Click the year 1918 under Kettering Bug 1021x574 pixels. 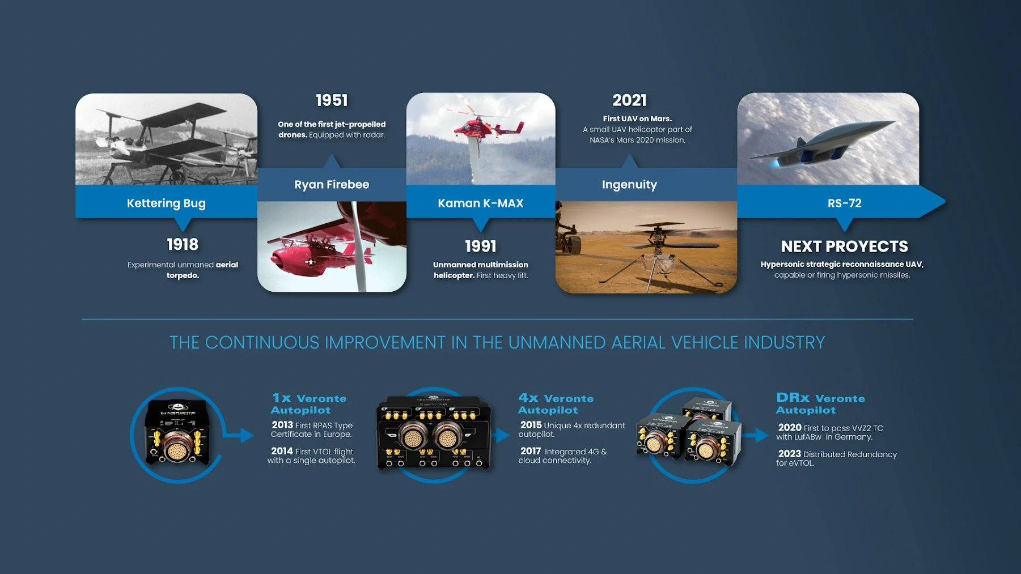[183, 244]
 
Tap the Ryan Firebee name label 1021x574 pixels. [332, 185]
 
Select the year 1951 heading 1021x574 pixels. [332, 101]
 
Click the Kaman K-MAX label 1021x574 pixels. [480, 203]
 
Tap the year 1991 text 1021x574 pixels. [480, 246]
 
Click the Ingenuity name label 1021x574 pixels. [629, 185]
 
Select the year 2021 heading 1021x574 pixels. [629, 101]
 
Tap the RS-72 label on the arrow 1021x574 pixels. [844, 203]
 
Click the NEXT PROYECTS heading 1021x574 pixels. [844, 246]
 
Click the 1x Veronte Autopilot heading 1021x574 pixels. [308, 403]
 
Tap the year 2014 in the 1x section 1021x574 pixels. [282, 451]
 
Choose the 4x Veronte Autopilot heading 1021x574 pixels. [556, 403]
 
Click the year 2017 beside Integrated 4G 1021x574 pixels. [531, 451]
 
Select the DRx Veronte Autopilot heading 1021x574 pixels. [820, 403]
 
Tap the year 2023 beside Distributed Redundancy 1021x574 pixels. [789, 454]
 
